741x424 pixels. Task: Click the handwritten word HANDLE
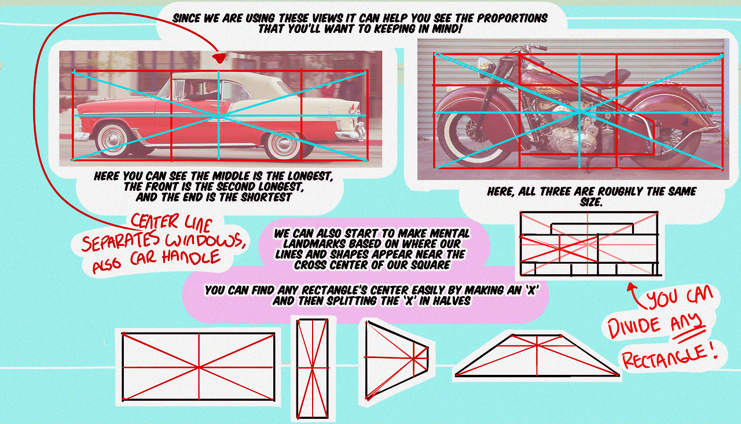pos(191,257)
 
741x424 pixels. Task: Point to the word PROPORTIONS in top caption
pos(512,18)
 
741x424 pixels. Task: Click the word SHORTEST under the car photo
pos(266,197)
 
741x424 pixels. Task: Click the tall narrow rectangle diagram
pos(313,368)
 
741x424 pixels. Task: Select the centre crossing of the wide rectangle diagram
pos(199,367)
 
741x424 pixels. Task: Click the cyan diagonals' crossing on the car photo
pos(219,115)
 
